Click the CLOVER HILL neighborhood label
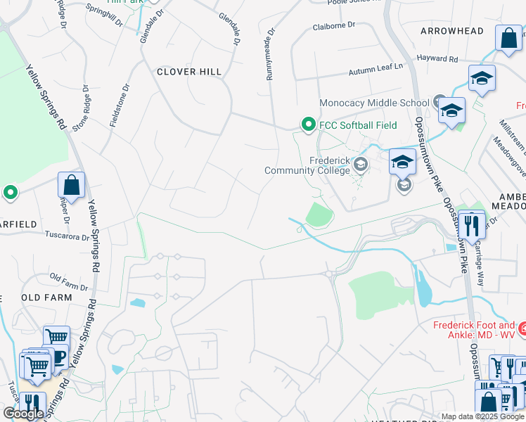(x=189, y=72)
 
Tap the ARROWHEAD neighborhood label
(x=451, y=31)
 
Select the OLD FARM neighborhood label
(x=46, y=298)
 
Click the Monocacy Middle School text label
(x=373, y=103)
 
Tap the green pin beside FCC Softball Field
(x=307, y=124)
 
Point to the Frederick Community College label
(x=307, y=165)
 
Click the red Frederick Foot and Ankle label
(x=473, y=330)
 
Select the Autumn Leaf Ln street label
(x=376, y=68)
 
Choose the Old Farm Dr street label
(x=69, y=283)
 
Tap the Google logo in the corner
(x=23, y=414)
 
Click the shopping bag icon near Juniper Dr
(x=71, y=186)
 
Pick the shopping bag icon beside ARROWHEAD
(x=508, y=39)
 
